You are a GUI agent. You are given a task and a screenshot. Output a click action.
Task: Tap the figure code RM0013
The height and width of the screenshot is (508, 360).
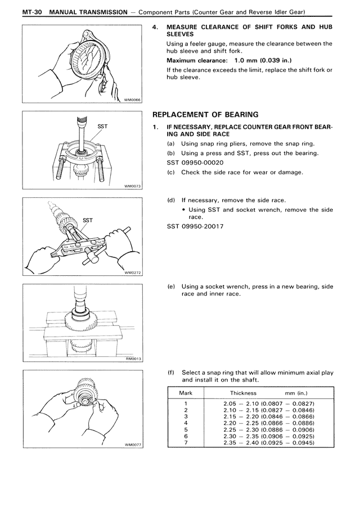(x=132, y=358)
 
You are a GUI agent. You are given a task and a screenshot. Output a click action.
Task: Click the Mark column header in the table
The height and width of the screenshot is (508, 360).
(x=186, y=393)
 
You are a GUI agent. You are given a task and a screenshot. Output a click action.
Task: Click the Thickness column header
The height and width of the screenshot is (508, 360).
(x=242, y=393)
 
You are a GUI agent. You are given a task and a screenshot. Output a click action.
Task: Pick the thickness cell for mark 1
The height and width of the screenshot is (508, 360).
(x=268, y=404)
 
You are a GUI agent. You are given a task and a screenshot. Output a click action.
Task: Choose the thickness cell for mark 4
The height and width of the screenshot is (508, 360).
(x=268, y=423)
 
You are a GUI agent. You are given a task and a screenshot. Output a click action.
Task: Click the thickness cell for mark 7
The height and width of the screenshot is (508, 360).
(x=268, y=442)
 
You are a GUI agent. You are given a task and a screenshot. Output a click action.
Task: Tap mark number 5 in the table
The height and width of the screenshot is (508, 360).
(x=185, y=429)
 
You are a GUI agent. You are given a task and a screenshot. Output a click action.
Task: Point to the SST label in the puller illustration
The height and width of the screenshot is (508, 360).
(x=88, y=220)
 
